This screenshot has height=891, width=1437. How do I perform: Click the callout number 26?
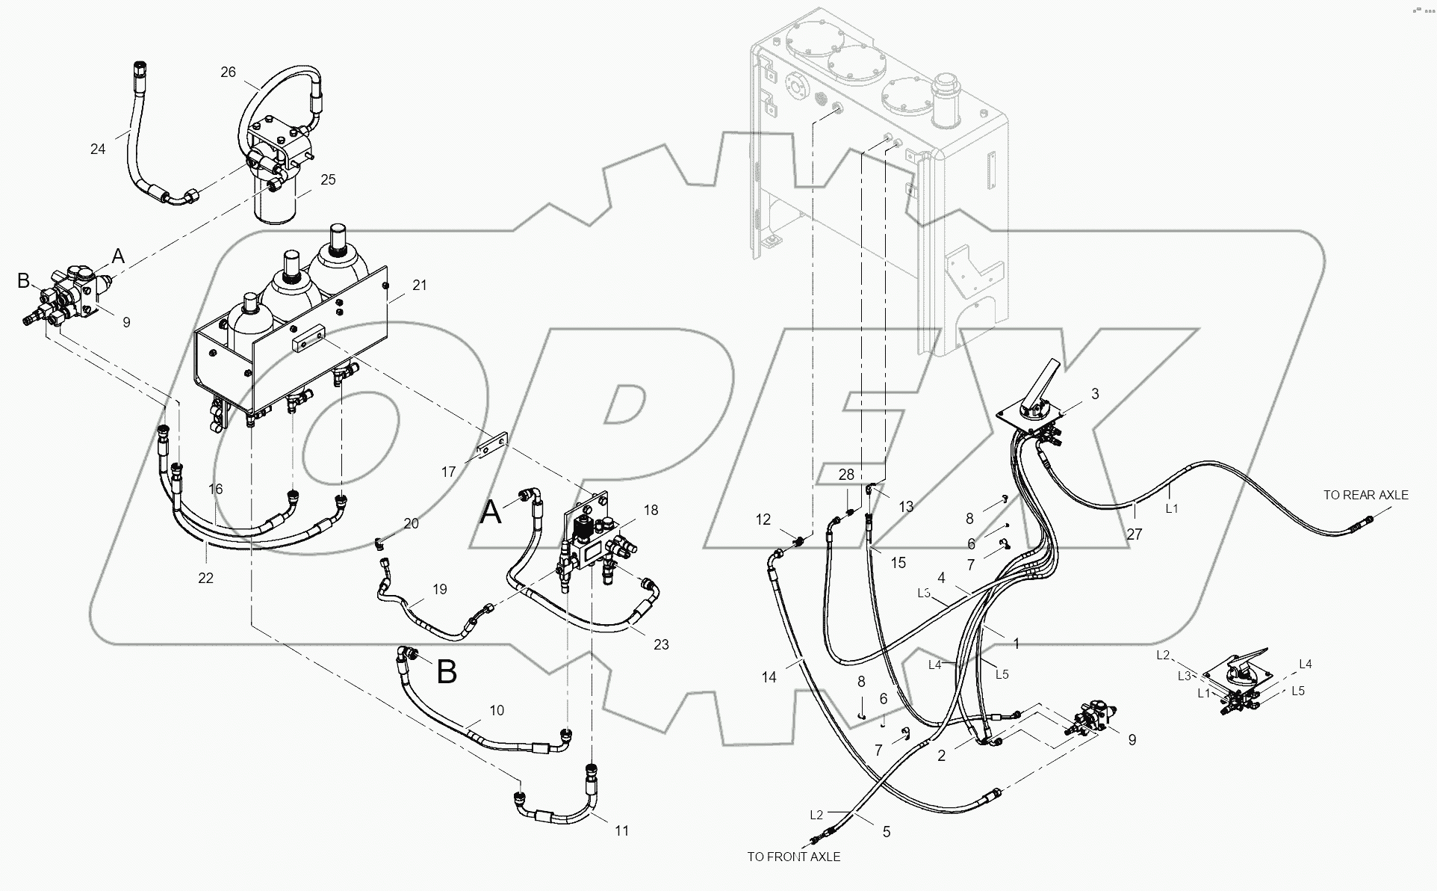[x=228, y=72]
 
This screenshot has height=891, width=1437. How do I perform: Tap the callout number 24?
[x=98, y=149]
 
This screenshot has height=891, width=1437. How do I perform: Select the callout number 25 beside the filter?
[x=328, y=179]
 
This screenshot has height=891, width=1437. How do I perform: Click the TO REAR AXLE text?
[x=1365, y=495]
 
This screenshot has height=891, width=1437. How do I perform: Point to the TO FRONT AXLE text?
[x=793, y=857]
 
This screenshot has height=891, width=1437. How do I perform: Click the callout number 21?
[x=420, y=285]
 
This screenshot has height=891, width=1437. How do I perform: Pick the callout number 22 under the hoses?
[x=205, y=578]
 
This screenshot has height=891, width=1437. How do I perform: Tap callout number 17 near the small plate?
[x=448, y=472]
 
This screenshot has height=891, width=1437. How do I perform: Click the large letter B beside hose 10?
[x=446, y=672]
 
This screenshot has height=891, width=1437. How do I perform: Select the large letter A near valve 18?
[x=490, y=514]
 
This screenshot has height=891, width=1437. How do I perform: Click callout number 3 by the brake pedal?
[x=1095, y=394]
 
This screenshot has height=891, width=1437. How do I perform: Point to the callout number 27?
[x=1135, y=534]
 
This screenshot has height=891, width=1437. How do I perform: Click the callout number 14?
[x=769, y=677]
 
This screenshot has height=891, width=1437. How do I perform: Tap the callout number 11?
[x=621, y=830]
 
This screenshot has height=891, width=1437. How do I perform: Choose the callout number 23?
[x=661, y=644]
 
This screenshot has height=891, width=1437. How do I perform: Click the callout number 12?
[x=763, y=520]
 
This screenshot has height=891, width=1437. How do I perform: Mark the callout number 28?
[x=845, y=475]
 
